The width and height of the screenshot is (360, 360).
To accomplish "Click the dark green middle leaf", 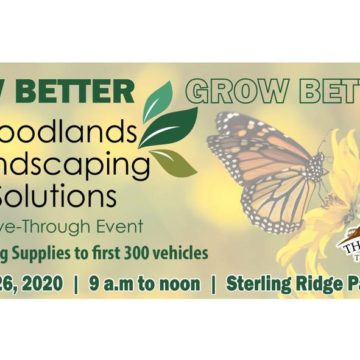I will pyautogui.click(x=169, y=128).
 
